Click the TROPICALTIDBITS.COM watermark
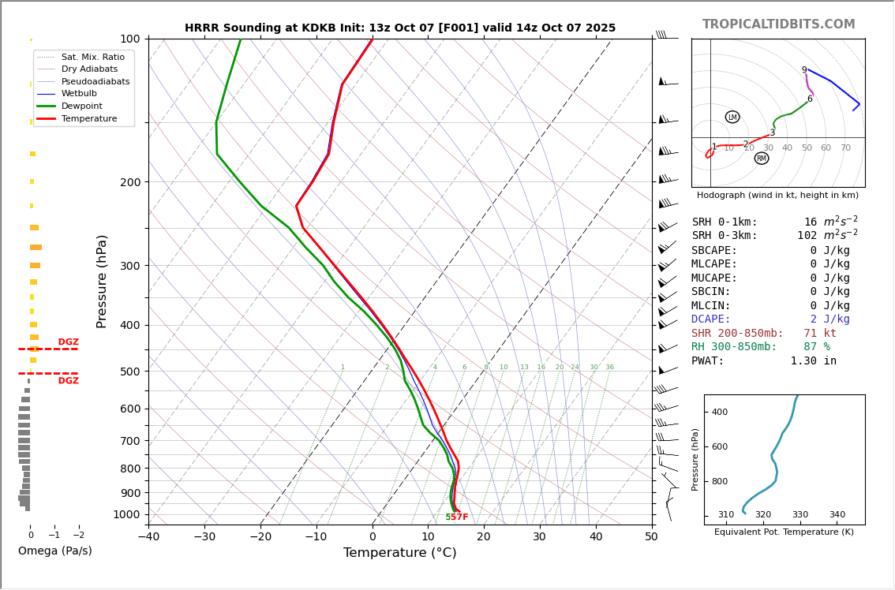pos(778,24)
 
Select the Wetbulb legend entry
pos(78,94)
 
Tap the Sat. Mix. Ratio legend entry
pos(92,57)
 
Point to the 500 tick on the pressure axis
pos(129,372)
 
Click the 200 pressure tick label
pos(129,182)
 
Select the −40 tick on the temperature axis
pos(148,538)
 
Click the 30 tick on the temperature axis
pos(539,538)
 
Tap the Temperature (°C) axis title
pos(399,553)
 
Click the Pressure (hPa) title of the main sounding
pos(102,281)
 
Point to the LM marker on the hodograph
pos(732,118)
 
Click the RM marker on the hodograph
pos(761,159)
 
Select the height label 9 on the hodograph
pos(804,70)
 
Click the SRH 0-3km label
pos(725,236)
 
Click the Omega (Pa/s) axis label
pos(54,551)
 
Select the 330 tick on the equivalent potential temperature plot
pos(800,515)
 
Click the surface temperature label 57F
pos(459,517)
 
